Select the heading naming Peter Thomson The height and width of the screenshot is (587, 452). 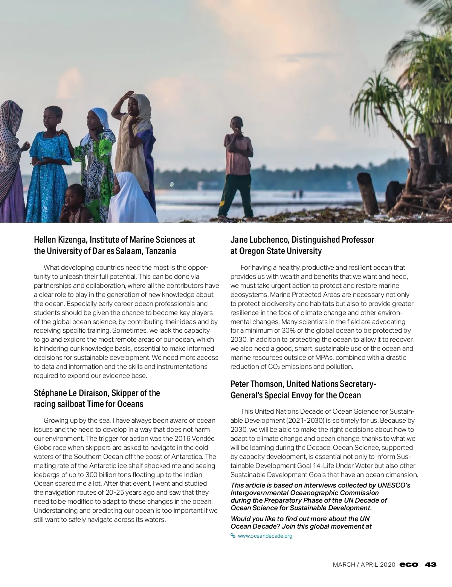[303, 390]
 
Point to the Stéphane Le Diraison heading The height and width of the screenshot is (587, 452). [97, 398]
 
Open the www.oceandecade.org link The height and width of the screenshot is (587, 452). [265, 536]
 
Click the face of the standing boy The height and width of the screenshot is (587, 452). [237, 125]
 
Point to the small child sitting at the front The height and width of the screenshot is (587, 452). [75, 205]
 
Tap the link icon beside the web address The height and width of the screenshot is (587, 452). [233, 536]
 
